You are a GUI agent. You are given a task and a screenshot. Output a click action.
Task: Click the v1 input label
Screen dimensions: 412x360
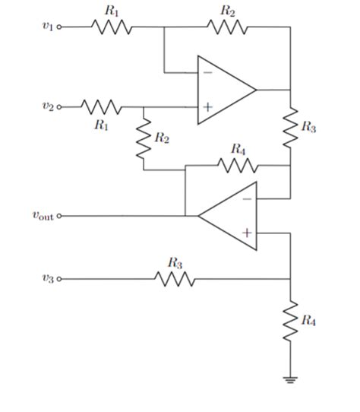click(x=48, y=27)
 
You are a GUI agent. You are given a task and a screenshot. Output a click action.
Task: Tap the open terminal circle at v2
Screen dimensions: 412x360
click(x=60, y=107)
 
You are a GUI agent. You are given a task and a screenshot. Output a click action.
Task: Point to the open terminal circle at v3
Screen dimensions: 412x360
click(x=60, y=279)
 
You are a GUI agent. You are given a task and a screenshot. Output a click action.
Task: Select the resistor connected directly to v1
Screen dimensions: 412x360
click(x=112, y=27)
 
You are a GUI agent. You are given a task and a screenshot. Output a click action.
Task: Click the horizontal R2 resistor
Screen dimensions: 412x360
click(x=226, y=27)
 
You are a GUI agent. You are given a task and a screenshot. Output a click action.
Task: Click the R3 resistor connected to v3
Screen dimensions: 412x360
click(x=175, y=279)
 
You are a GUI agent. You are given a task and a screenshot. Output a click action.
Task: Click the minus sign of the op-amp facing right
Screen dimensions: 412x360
click(x=207, y=73)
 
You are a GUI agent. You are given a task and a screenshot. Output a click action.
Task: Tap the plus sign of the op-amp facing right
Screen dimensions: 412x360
click(x=207, y=107)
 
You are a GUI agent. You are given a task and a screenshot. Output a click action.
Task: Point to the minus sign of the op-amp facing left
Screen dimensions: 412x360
click(x=246, y=198)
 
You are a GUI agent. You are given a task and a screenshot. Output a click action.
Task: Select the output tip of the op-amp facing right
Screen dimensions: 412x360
click(x=257, y=90)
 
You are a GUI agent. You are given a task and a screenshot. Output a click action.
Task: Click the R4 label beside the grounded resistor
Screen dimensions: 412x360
click(x=308, y=321)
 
